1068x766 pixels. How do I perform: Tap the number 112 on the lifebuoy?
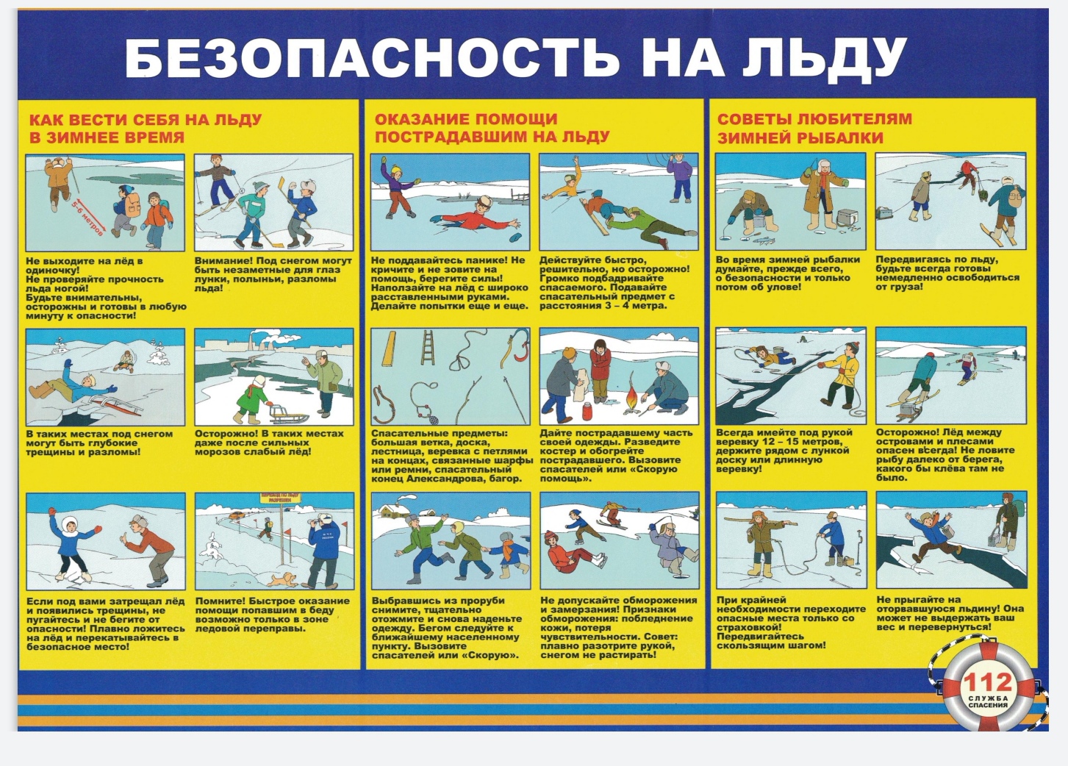coord(987,682)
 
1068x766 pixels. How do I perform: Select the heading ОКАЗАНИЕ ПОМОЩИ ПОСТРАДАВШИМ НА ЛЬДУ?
coord(492,128)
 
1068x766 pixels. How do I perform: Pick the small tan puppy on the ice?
coord(282,579)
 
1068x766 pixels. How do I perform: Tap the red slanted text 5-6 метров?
coord(87,218)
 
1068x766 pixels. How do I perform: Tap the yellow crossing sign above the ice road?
coord(280,498)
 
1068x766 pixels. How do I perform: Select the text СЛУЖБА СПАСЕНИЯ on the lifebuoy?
coord(987,701)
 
